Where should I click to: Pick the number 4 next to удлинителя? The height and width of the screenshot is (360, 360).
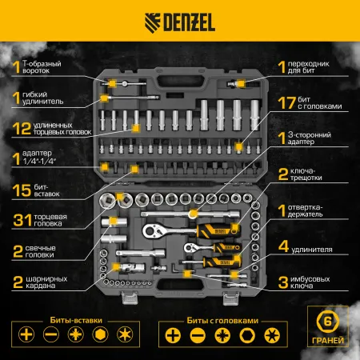point(282,248)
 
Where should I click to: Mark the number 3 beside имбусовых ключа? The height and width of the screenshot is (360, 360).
point(282,281)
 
